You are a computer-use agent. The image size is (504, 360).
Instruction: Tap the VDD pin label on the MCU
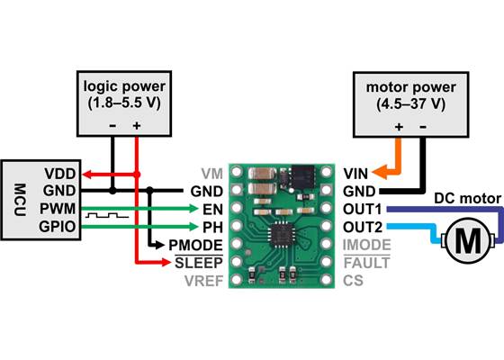coord(60,173)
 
